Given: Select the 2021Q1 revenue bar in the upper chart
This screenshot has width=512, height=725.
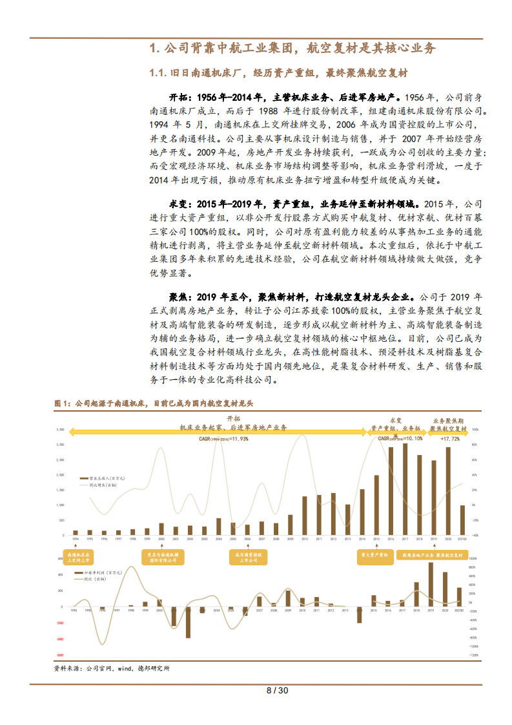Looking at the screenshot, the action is pos(462,520).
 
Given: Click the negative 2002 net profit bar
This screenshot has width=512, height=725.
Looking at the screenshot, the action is pos(189,622).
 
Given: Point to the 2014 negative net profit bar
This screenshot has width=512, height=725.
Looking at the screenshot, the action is pos(360,615).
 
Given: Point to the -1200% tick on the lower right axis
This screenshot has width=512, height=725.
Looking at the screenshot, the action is pos(473,655).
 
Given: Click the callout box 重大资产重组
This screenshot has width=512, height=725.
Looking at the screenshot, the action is pos(374,554).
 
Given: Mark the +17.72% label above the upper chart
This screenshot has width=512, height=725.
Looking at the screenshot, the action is pos(450,438).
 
